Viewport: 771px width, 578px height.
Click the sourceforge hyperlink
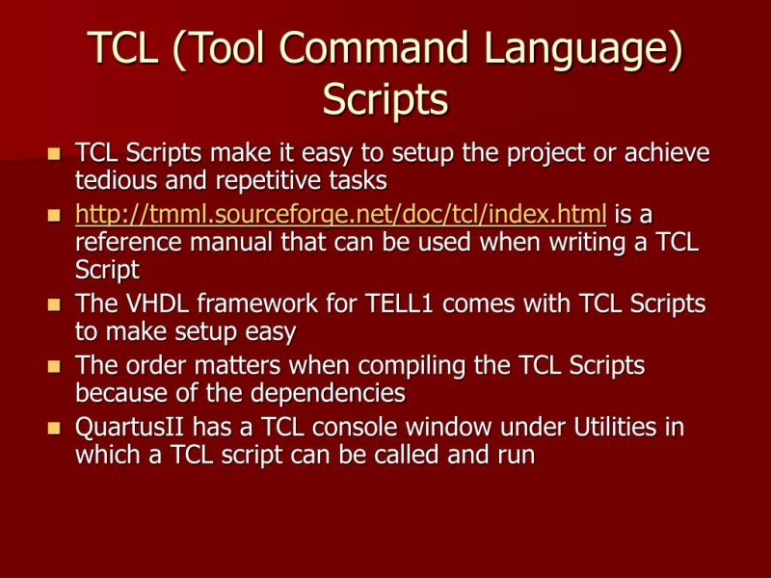pos(341,213)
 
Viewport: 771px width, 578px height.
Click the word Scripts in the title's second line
pos(385,99)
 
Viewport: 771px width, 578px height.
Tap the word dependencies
pos(323,394)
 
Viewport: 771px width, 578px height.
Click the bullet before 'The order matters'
pos(54,367)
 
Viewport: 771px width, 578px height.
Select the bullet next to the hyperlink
pos(54,215)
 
